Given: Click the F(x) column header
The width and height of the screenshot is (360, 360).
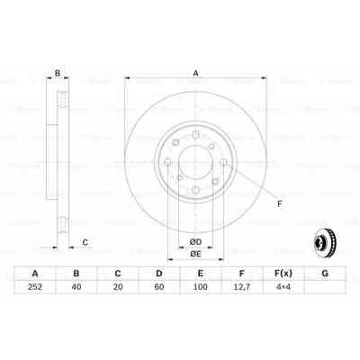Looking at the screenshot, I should tap(282, 274).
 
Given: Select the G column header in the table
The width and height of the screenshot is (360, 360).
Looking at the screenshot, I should tap(323, 274).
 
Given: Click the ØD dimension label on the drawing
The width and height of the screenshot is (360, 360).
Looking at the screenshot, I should tap(194, 240).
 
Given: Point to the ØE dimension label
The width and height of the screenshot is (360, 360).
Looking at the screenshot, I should tap(194, 254).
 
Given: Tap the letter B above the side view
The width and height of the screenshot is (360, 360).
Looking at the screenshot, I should tap(58, 74).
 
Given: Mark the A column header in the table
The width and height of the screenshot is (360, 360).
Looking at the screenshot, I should tap(35, 274).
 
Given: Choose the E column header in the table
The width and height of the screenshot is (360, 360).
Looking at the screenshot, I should tap(200, 274).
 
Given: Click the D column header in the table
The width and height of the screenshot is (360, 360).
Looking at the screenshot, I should tap(158, 274).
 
